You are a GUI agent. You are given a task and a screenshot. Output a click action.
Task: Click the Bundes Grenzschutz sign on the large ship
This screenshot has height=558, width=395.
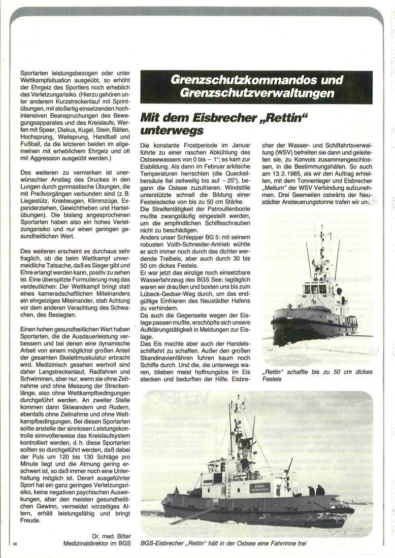tap(259, 487)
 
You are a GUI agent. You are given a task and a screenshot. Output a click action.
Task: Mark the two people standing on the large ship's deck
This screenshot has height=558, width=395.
tap(316, 490)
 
